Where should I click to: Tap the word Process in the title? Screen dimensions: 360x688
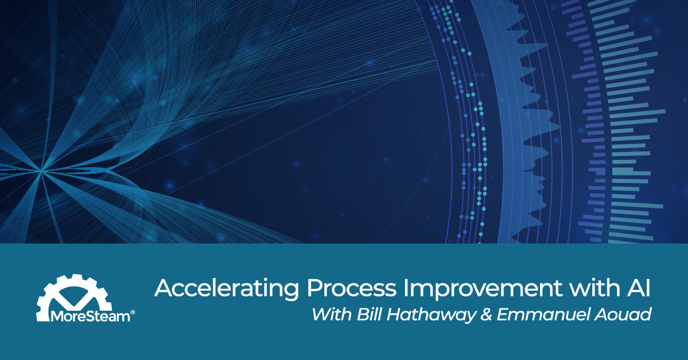click(323, 289)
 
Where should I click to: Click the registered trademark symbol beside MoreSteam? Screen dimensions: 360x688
click(133, 312)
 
